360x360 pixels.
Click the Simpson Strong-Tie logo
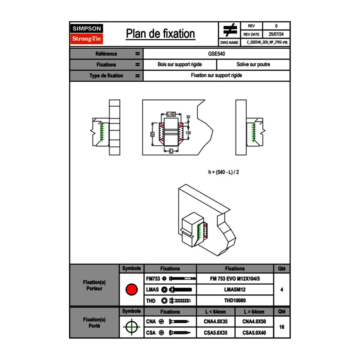87,34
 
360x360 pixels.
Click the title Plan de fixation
160,34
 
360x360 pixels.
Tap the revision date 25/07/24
276,34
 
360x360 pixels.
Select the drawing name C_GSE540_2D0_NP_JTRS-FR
268,42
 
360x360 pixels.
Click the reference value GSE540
216,54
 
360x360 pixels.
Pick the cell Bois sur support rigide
180,65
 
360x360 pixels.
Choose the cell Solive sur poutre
253,65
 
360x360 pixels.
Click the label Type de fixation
106,76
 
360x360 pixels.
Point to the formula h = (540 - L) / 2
223,172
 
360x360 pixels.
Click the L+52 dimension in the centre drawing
171,114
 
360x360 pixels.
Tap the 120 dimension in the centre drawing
188,133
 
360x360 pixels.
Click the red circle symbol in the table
131,290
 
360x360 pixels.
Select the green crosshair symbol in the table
131,327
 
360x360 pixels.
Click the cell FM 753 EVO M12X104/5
235,279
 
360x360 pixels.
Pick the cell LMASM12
235,290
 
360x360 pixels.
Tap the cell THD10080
235,301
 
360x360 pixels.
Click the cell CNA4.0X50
254,322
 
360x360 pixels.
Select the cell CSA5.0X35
216,333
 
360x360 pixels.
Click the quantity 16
281,327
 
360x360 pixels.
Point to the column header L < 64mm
216,312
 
